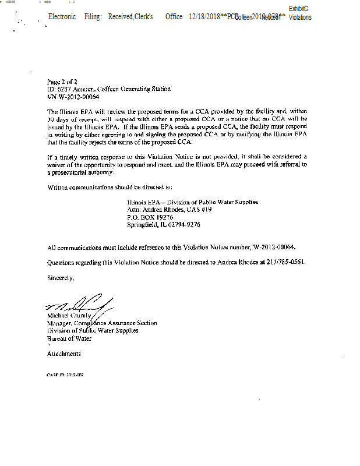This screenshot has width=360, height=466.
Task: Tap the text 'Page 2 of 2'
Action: click(62, 82)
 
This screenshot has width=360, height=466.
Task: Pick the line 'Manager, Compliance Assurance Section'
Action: click(102, 323)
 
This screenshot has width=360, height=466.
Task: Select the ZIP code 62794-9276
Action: click(185, 224)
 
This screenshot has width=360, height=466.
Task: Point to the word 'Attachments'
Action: click(64, 354)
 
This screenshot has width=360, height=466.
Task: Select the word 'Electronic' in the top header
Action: click(62, 17)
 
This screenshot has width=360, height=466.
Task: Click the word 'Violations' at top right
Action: click(300, 17)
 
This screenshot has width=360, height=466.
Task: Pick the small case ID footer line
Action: click(65, 375)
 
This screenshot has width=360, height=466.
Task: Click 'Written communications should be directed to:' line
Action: click(110, 188)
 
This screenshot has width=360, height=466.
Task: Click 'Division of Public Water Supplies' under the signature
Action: click(93, 330)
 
